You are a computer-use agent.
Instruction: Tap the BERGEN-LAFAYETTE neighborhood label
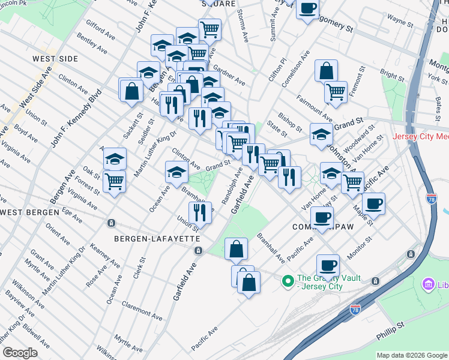coord(157,238)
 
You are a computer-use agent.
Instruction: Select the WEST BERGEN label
coord(29,212)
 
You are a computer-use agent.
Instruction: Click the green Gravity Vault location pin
coord(288,279)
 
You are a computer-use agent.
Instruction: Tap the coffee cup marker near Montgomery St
coord(308,8)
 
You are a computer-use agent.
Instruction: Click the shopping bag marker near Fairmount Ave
coord(325,71)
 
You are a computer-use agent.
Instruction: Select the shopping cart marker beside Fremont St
coord(336,92)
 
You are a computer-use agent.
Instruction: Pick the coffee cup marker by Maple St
coord(373,203)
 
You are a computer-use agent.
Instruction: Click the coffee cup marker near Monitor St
coord(328,265)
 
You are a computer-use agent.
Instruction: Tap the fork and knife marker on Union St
coord(200,212)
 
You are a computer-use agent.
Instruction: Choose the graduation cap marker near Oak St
coord(114,159)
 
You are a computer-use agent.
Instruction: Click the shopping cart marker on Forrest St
coord(114,181)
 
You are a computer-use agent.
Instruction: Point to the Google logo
coord(19,353)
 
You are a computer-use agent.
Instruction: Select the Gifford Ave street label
coord(100,29)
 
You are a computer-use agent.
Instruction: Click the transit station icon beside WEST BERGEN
coord(111,223)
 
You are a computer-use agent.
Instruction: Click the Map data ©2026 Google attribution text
coord(411,355)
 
